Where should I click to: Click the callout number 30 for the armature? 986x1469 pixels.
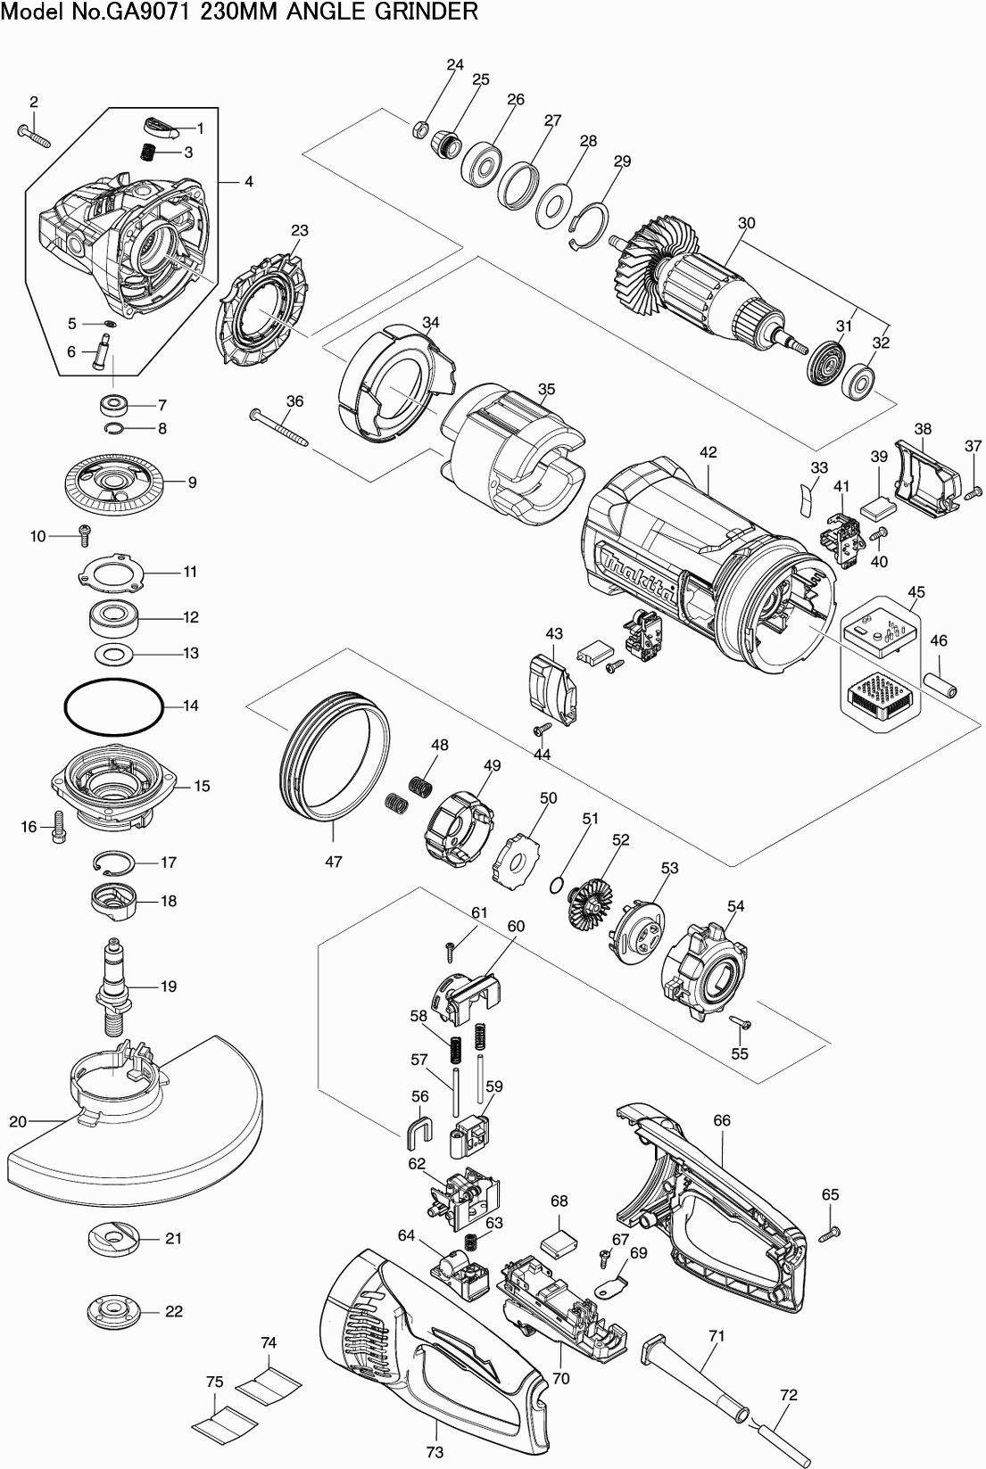(747, 223)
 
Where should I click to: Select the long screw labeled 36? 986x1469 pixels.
(278, 428)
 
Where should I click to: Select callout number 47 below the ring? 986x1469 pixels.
(334, 861)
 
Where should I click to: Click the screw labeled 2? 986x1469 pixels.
(33, 135)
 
